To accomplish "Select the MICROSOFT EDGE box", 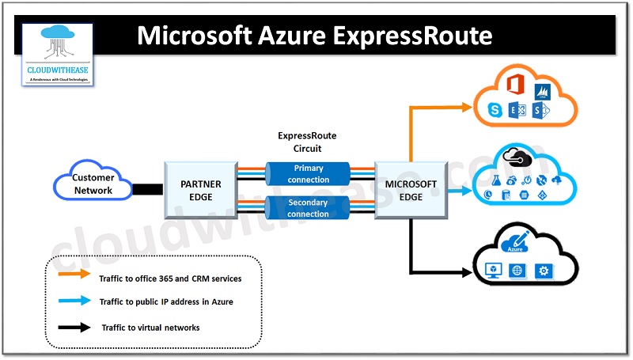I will (x=411, y=191).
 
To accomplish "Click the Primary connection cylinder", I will (x=308, y=174).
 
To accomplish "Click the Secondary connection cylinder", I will (x=308, y=209).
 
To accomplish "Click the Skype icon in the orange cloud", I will (x=495, y=108).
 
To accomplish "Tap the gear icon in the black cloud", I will (x=544, y=271).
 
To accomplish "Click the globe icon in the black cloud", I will (x=517, y=271).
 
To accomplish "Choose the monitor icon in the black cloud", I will (x=491, y=271).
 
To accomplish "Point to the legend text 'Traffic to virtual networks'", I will (x=150, y=327).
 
